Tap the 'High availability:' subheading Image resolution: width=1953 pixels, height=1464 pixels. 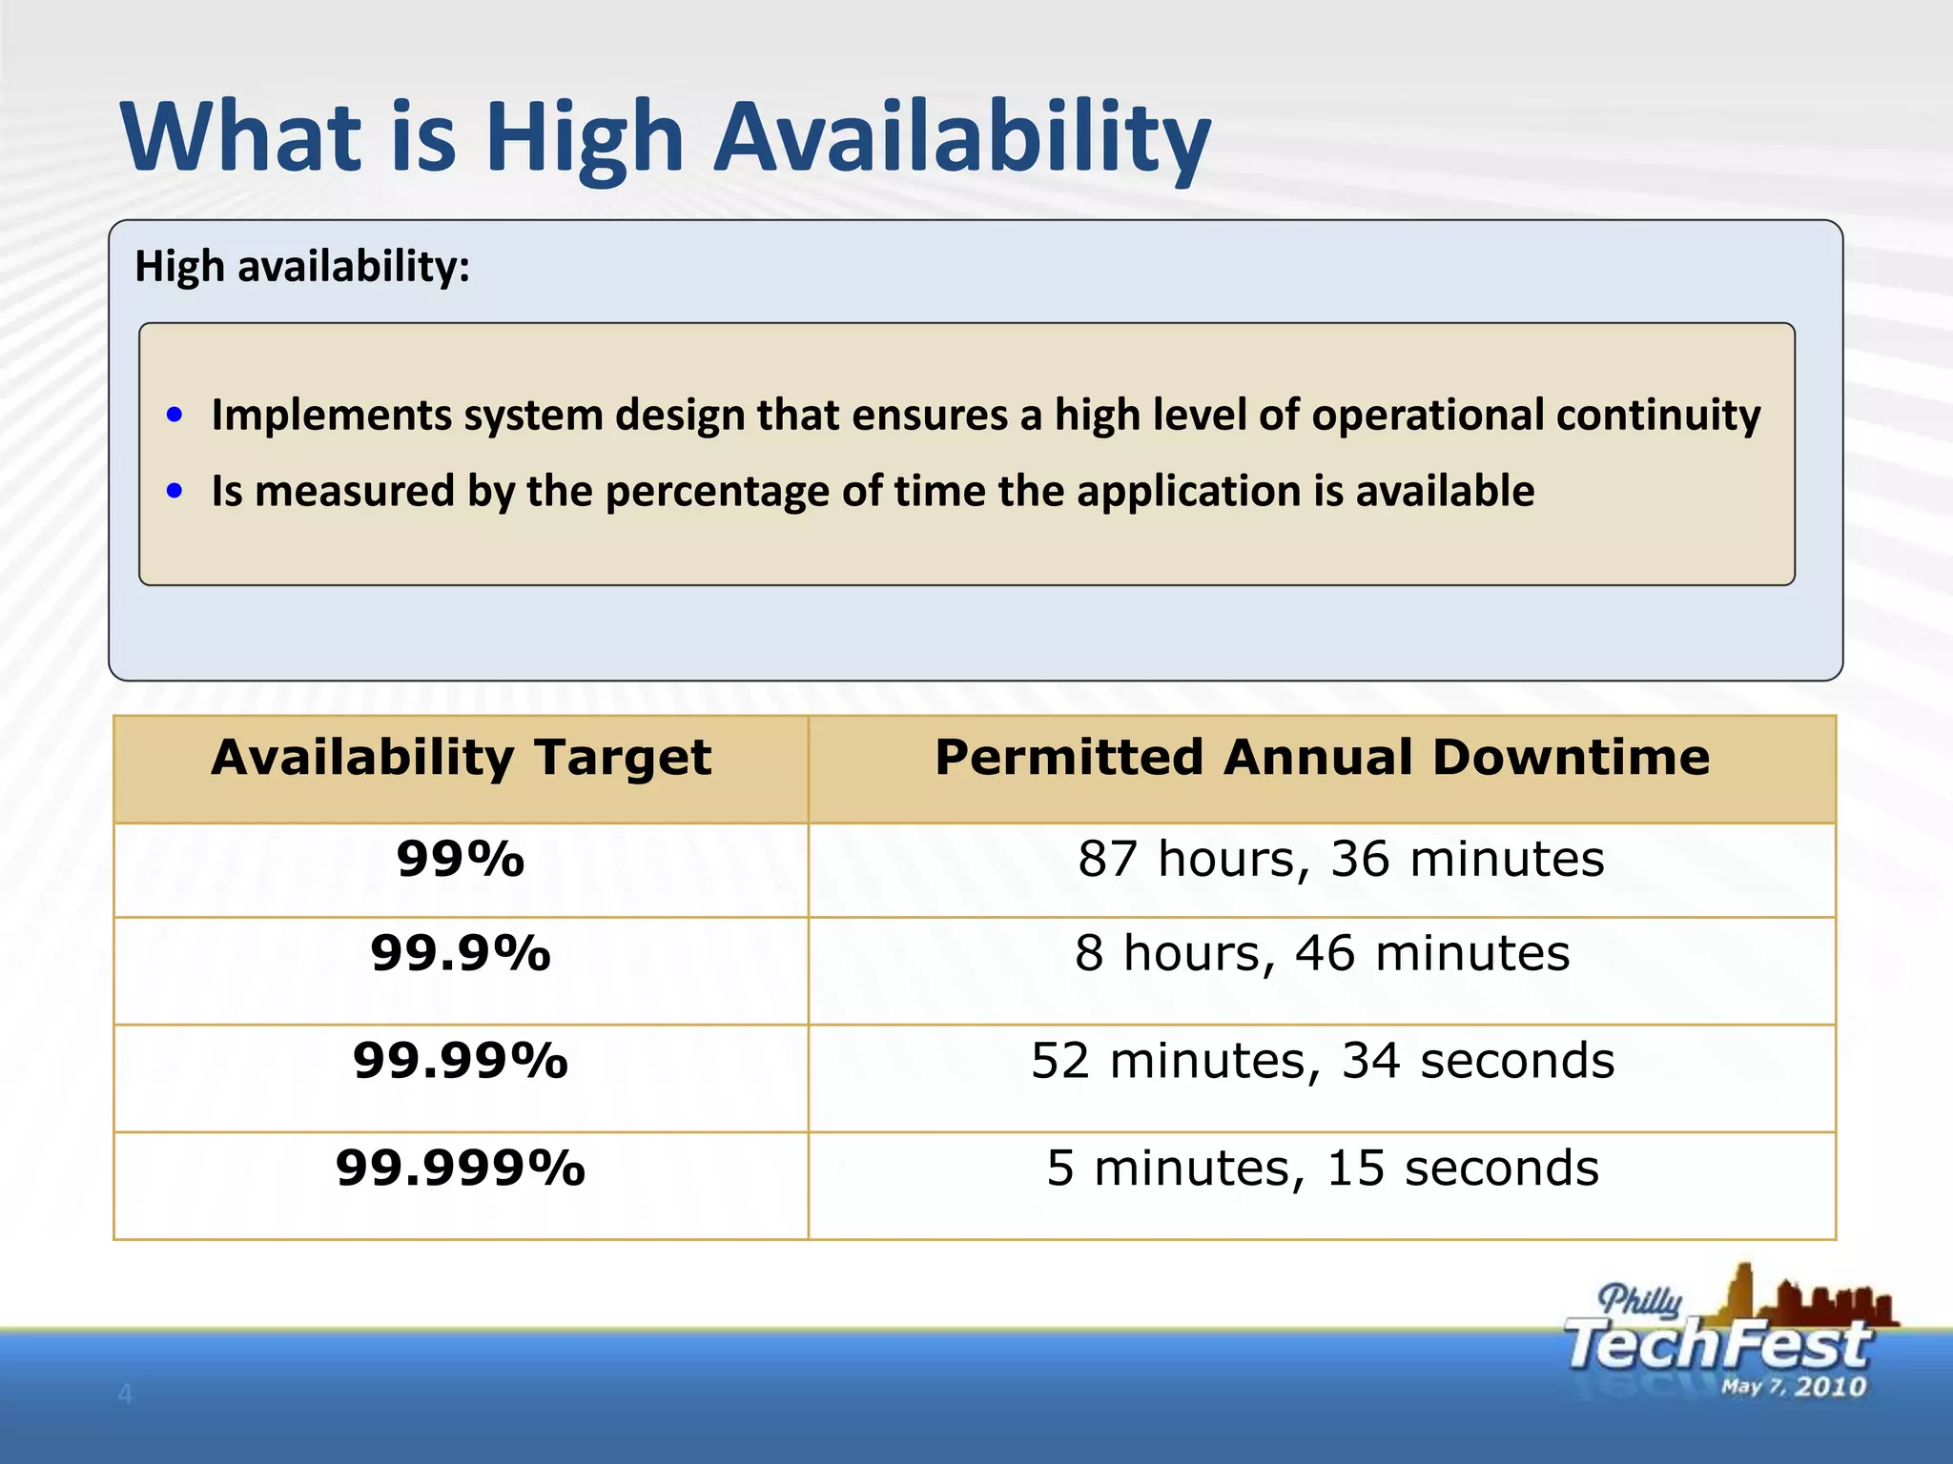pos(302,267)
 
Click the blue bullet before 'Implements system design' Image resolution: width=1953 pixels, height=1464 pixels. pos(174,415)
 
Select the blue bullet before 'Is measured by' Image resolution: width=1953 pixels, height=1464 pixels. pos(174,491)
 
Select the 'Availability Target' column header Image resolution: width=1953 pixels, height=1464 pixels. pos(461,759)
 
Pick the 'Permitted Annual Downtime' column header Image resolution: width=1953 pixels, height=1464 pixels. pos(1322,759)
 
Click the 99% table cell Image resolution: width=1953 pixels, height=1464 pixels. pos(461,860)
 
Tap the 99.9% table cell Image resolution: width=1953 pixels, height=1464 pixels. pos(461,954)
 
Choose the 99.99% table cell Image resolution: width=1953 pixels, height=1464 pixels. pos(461,1062)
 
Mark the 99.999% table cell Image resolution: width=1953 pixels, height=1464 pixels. pos(461,1169)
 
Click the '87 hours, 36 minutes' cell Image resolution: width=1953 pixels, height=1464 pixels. pos(1341,860)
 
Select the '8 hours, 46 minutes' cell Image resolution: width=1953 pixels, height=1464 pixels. pos(1322,954)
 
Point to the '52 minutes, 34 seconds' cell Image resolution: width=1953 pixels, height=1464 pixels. pos(1322,1062)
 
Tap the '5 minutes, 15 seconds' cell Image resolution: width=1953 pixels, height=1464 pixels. pos(1322,1169)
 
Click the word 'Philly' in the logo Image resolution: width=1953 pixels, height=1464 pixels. pos(1640,1300)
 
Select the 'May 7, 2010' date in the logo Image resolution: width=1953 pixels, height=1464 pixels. pos(1793,1387)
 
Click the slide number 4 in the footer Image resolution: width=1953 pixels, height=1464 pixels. pos(124,1394)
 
